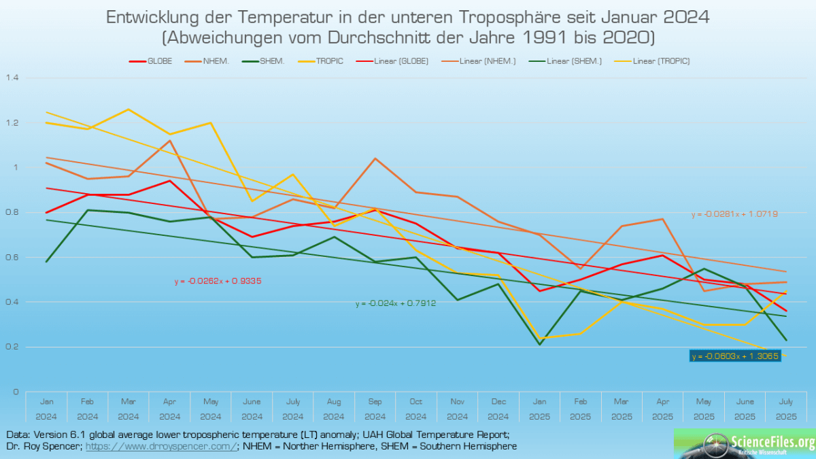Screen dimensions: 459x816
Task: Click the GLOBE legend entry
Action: [151, 61]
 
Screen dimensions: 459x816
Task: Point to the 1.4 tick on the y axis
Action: [12, 78]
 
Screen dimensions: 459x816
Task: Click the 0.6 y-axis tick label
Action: [12, 257]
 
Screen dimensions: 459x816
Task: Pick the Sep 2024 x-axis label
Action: [375, 409]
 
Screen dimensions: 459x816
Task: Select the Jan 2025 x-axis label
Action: [539, 409]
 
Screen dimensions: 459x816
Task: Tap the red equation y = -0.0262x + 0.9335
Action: [218, 280]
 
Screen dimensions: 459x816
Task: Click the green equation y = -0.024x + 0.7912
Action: [395, 303]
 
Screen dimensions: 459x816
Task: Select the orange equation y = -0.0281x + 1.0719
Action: [734, 215]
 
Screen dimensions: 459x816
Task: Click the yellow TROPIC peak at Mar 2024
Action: [129, 109]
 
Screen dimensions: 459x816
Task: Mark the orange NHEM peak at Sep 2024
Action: [375, 158]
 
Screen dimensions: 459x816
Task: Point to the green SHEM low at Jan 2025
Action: [539, 344]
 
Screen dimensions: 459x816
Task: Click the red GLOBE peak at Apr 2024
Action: [169, 180]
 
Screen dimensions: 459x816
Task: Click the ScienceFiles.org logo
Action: [745, 443]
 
